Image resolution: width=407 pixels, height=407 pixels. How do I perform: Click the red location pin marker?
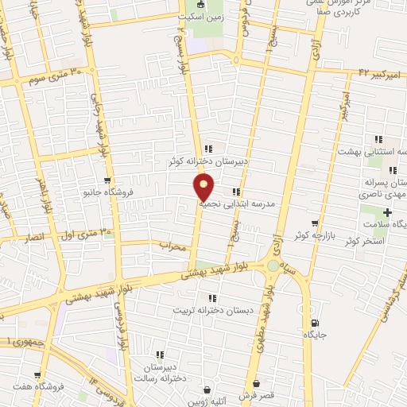[204, 187]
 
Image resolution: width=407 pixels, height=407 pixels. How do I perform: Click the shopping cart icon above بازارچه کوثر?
[316, 223]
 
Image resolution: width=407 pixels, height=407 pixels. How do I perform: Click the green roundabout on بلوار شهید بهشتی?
[273, 266]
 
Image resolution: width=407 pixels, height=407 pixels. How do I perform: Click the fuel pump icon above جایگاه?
[316, 323]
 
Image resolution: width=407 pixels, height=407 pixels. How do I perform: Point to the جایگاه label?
[316, 335]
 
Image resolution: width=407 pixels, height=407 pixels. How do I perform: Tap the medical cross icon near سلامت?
[387, 212]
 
